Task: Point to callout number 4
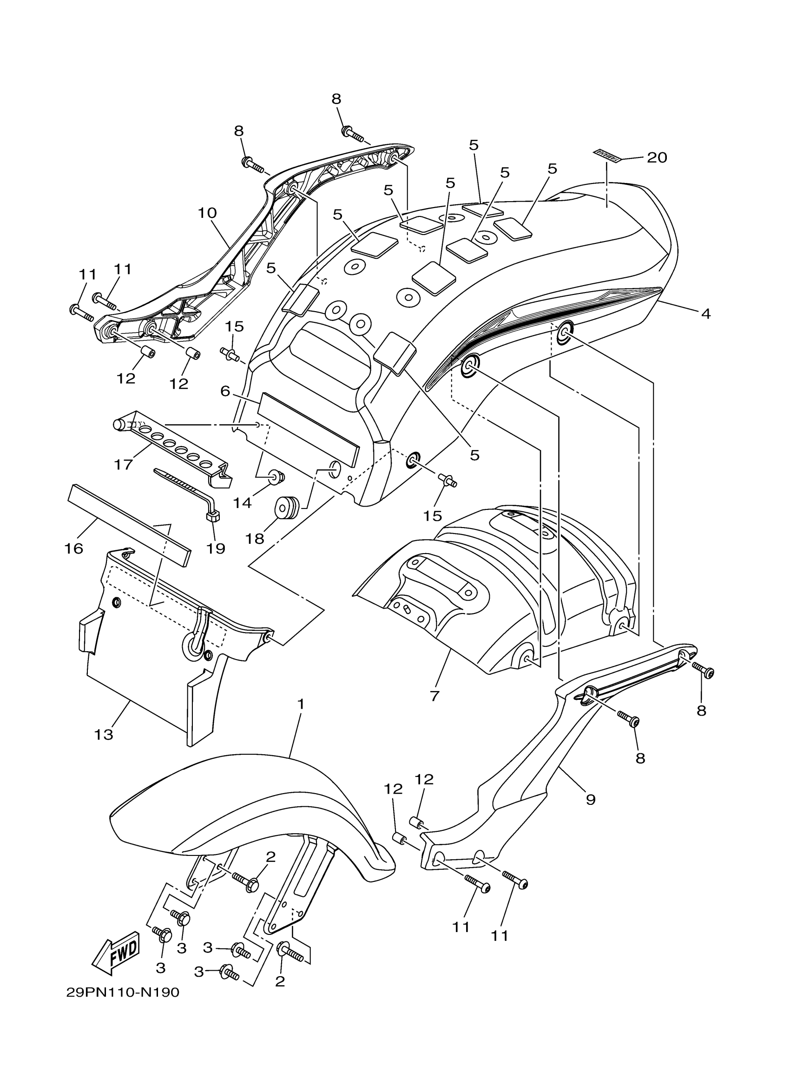pos(705,314)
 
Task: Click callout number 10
pos(207,212)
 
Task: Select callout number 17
pos(123,464)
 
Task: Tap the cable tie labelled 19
pos(188,493)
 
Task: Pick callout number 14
pos(242,502)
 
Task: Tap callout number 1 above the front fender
pos(301,705)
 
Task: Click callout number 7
pos(434,695)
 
